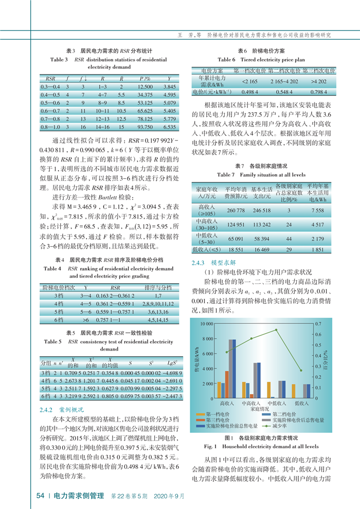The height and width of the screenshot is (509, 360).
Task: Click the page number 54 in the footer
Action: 40,496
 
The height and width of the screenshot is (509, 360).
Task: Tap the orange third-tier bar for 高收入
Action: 227,384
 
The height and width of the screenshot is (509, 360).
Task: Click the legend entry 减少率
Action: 280,426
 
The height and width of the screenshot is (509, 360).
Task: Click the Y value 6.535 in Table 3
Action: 170,126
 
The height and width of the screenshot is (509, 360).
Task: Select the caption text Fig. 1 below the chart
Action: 211,446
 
